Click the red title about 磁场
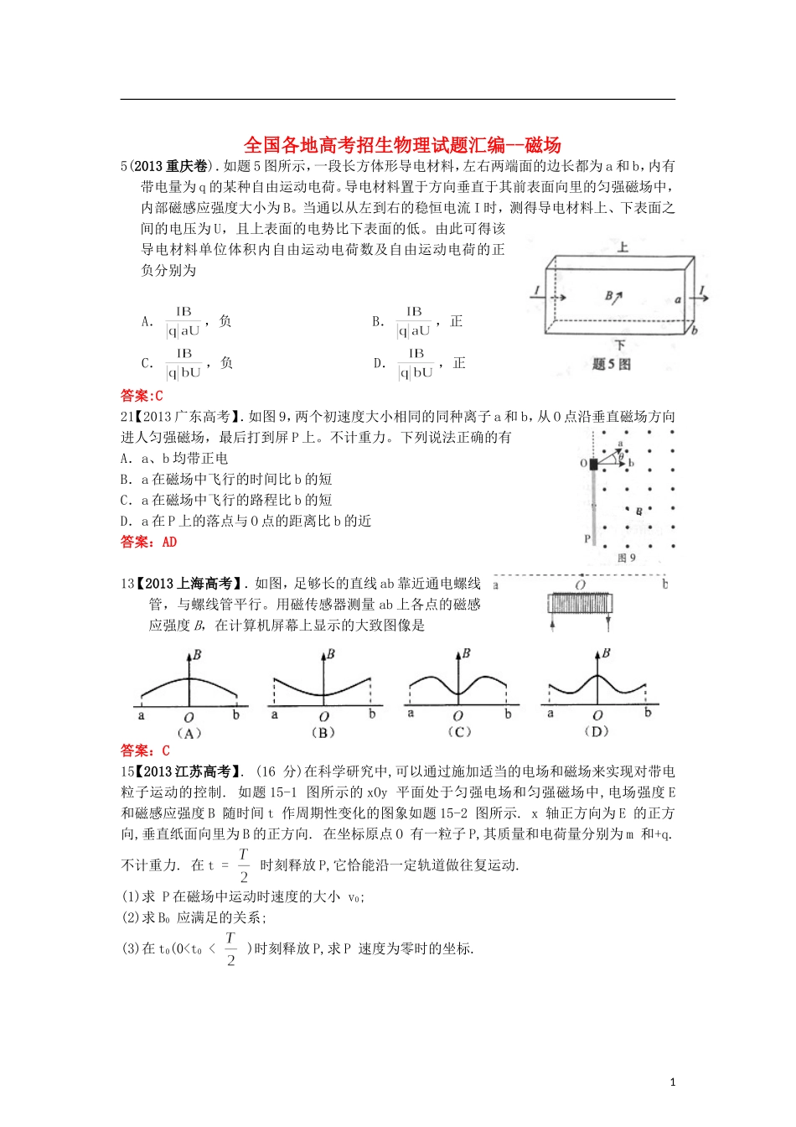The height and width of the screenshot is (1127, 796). click(x=401, y=144)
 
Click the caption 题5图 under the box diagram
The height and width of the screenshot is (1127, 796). click(x=611, y=364)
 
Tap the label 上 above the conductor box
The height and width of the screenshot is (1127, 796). click(x=622, y=247)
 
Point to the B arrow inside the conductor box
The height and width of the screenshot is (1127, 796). click(x=613, y=296)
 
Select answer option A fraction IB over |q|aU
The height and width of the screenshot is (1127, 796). click(x=183, y=322)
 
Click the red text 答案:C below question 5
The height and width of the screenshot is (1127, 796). click(x=142, y=395)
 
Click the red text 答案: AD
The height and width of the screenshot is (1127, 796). click(x=148, y=542)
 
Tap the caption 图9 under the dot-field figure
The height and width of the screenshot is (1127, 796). click(x=626, y=558)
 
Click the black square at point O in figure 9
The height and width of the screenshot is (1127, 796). click(x=593, y=464)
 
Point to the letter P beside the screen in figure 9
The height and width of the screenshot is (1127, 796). click(x=587, y=539)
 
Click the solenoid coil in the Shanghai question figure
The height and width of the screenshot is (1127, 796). click(x=581, y=604)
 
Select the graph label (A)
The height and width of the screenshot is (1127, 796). click(x=189, y=733)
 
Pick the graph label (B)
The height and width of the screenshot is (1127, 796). click(x=323, y=732)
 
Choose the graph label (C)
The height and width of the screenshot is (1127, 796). click(x=458, y=731)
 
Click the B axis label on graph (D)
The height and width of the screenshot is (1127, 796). click(x=606, y=653)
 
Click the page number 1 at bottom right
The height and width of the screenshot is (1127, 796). click(x=672, y=1083)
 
